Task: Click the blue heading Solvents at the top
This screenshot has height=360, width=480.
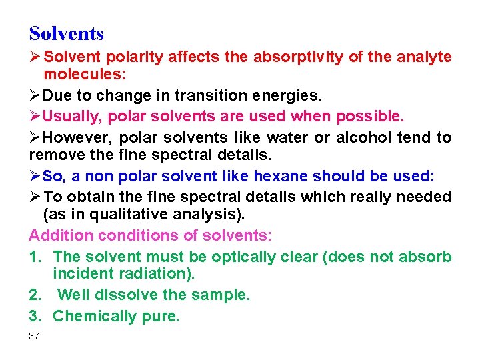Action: coord(67,33)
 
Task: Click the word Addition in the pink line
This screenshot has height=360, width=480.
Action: coord(61,236)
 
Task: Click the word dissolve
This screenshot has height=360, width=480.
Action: coord(124,295)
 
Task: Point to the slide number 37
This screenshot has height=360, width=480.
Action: coord(34,336)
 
